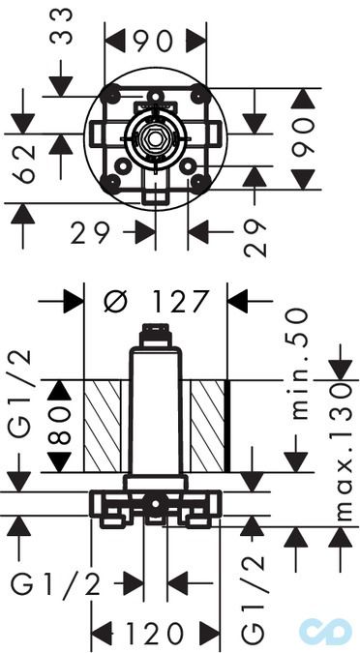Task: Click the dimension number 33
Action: (x=61, y=27)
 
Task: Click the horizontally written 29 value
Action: (x=90, y=232)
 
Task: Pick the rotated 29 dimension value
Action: (x=255, y=238)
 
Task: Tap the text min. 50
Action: (x=300, y=364)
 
